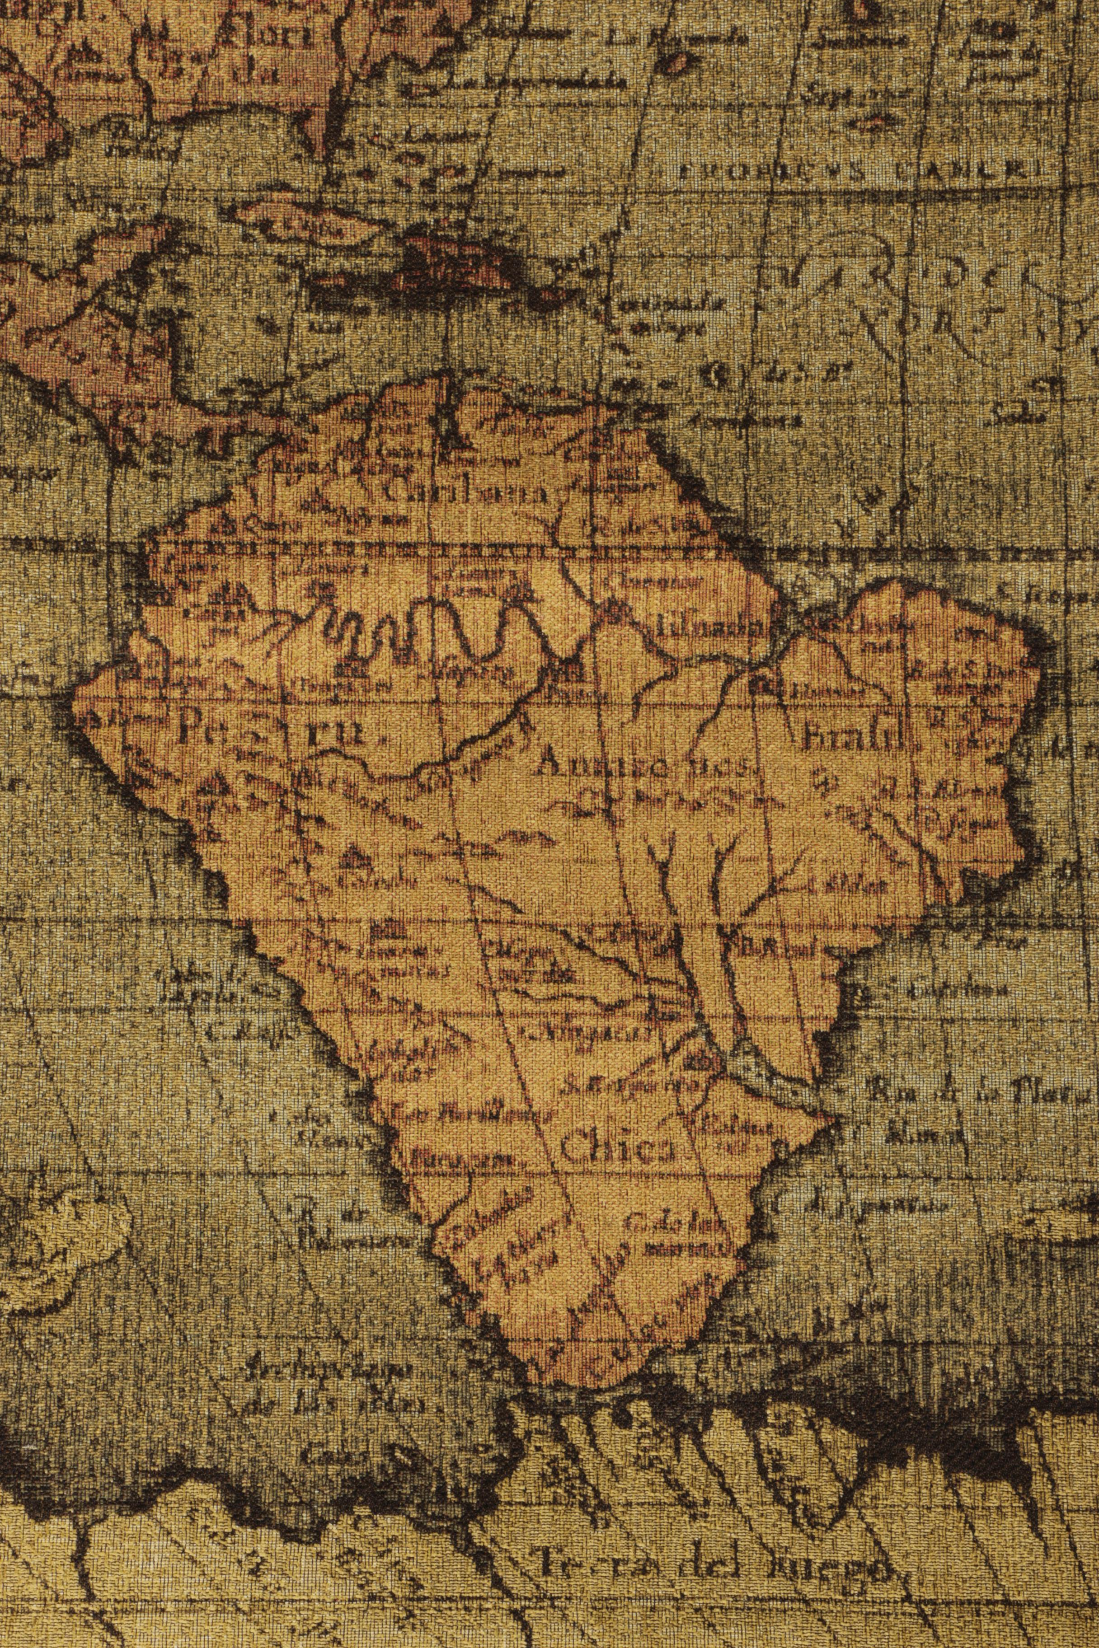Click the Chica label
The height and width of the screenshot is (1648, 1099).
617,1149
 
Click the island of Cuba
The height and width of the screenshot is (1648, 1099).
308,224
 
